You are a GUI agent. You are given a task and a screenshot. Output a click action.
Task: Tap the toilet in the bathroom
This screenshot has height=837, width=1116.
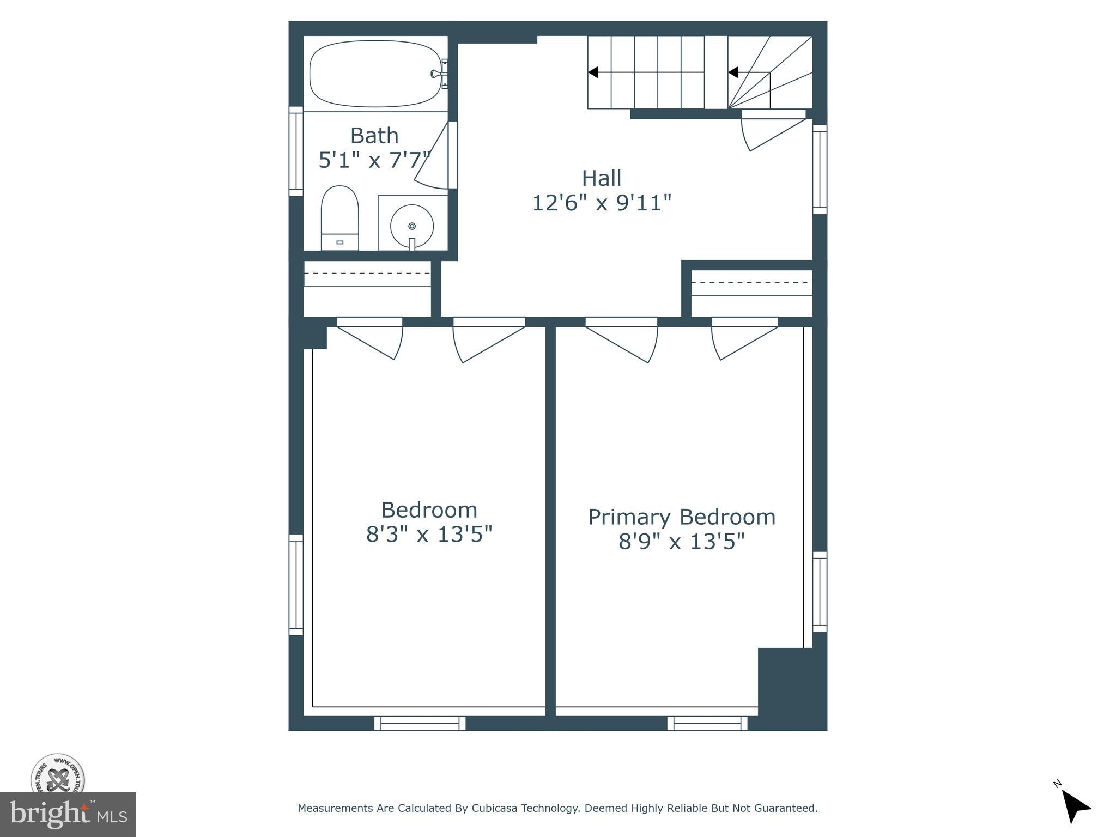[339, 218]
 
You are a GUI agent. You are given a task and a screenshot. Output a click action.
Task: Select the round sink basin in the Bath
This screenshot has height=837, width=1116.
[412, 225]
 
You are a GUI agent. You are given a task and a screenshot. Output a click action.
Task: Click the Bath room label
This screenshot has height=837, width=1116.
[374, 135]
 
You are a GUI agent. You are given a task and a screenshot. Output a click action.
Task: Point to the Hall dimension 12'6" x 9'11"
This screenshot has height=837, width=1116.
[602, 203]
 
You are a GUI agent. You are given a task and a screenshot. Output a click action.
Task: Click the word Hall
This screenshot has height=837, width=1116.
[602, 178]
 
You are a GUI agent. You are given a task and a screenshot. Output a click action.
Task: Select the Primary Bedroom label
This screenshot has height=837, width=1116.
[682, 517]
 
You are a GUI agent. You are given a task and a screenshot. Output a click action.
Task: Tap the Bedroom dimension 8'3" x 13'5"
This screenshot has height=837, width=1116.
[429, 534]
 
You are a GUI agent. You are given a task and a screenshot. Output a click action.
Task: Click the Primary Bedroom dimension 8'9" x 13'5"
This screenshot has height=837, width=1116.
[682, 542]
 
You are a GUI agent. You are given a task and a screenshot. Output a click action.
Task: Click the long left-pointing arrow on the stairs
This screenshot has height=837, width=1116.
[646, 72]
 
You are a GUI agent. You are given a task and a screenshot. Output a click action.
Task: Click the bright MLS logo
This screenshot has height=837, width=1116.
[68, 814]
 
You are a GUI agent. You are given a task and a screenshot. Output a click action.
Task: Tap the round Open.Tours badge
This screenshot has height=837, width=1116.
[58, 774]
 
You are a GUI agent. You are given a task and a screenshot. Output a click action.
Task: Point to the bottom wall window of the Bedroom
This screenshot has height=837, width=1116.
[420, 724]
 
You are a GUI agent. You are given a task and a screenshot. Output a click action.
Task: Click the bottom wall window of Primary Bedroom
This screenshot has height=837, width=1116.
[707, 724]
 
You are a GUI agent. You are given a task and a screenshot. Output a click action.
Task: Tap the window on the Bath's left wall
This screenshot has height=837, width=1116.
[295, 151]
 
